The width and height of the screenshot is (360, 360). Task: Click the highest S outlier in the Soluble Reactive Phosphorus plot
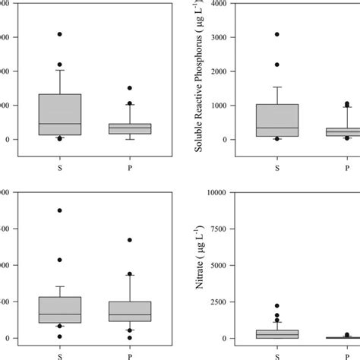point(276,34)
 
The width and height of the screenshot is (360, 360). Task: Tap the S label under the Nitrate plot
point(276,354)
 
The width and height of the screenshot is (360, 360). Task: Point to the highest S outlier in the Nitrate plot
point(276,306)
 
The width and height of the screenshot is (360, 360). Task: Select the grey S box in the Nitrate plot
point(276,333)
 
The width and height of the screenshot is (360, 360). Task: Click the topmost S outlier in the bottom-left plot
point(59,210)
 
